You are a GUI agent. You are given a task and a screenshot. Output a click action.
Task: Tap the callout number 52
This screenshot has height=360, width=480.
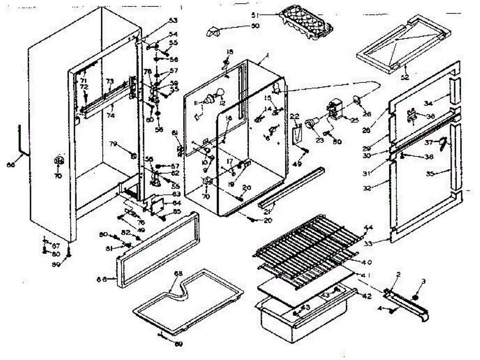[405, 77]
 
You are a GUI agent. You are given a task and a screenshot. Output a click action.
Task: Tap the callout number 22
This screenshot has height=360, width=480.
[295, 116]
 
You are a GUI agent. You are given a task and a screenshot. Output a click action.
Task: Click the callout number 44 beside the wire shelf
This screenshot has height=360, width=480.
[368, 228]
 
